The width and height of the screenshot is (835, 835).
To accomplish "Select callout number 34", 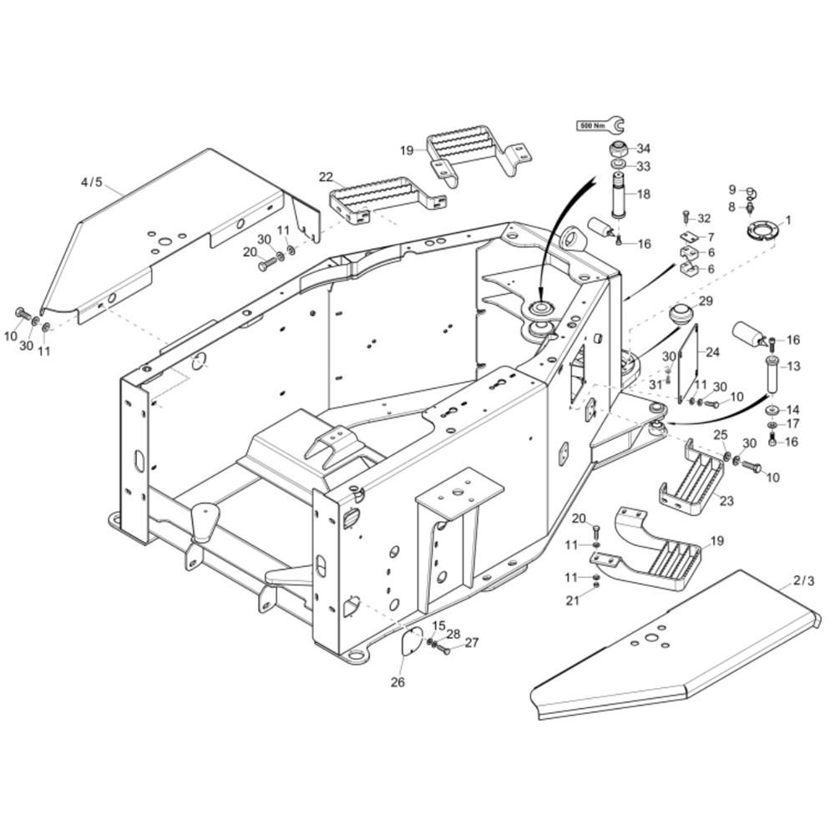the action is pyautogui.click(x=644, y=149).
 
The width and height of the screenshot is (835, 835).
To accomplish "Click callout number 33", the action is pyautogui.click(x=644, y=167).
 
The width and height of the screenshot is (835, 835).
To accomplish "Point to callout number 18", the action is pyautogui.click(x=644, y=194).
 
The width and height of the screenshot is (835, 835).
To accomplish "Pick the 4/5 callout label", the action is pyautogui.click(x=91, y=182).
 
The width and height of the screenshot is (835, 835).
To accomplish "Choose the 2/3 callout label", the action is pyautogui.click(x=804, y=580).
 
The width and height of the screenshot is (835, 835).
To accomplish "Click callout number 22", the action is pyautogui.click(x=326, y=177).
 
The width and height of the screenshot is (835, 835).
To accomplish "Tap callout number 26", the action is pyautogui.click(x=397, y=682).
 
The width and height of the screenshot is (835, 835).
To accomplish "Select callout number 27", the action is pyautogui.click(x=472, y=643).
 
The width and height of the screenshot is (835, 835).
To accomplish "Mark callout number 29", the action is pyautogui.click(x=706, y=301).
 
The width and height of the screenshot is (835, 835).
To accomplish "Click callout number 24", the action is pyautogui.click(x=712, y=352).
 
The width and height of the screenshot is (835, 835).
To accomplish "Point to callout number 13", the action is pyautogui.click(x=793, y=367).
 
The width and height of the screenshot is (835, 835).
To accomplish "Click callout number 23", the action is pyautogui.click(x=726, y=501).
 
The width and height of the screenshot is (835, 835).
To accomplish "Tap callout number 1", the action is pyautogui.click(x=788, y=220).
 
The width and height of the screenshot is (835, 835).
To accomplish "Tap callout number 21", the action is pyautogui.click(x=573, y=600).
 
